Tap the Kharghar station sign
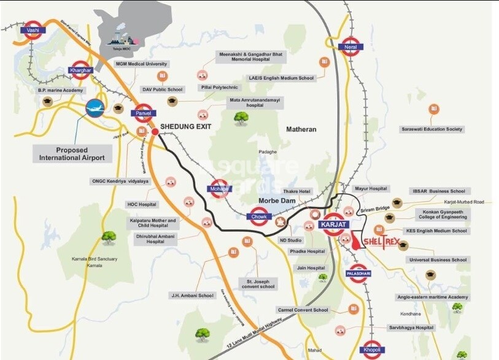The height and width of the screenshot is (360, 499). point(81,70)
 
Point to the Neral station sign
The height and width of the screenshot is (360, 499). point(350,47)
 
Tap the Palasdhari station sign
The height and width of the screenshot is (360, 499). point(357,272)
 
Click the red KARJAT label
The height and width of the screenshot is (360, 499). point(334,224)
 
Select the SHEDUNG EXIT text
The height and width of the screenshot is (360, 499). point(185,127)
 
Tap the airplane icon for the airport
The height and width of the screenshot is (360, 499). point(96,108)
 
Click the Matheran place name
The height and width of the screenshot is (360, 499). point(301,129)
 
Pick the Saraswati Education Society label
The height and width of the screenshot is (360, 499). point(432,129)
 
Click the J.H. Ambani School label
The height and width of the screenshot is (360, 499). point(192,295)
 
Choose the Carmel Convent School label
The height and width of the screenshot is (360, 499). point(303,310)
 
